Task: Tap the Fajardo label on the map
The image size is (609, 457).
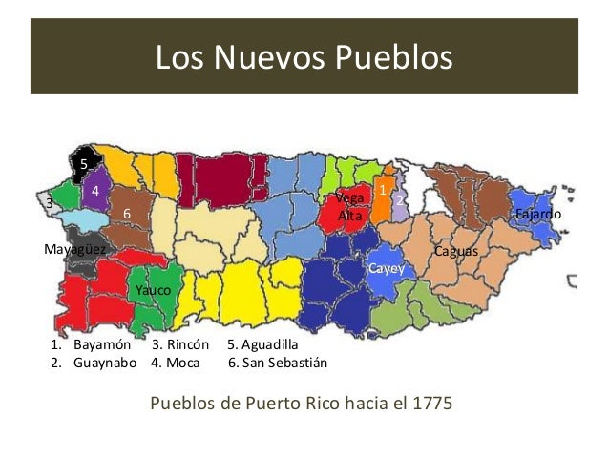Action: pos(537,215)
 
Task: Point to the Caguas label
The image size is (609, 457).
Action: pos(455,251)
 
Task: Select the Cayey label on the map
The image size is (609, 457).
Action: pos(387,270)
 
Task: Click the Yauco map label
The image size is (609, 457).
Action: pos(153,289)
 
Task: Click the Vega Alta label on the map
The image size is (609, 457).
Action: pos(350,207)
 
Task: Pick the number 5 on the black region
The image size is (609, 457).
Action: pos(83,164)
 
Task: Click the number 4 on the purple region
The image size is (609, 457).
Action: pos(95,191)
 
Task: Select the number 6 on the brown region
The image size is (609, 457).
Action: pos(125,215)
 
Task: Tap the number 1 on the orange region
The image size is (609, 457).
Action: pos(383,191)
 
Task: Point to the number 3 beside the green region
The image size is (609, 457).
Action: pos(49,203)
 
